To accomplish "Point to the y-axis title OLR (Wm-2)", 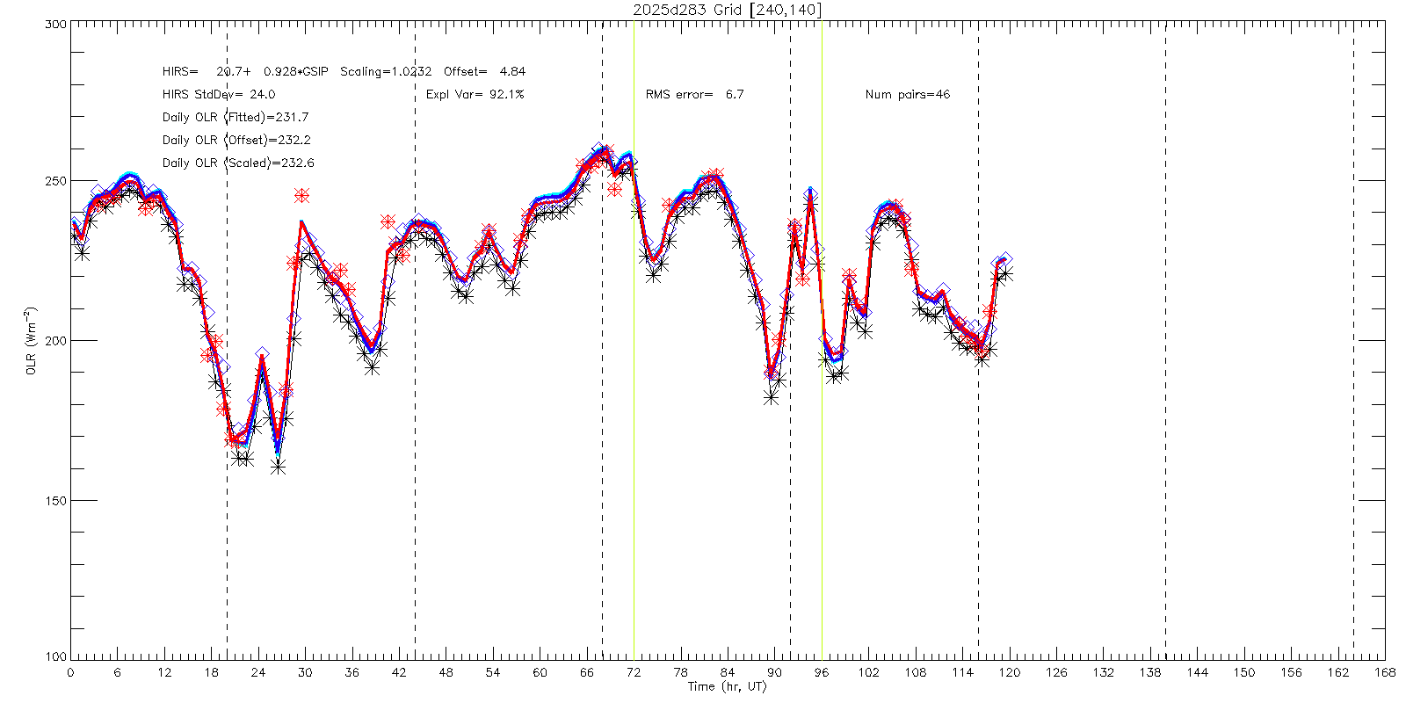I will point(31,341).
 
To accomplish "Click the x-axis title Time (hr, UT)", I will point(727,686).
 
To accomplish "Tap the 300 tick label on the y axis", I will point(55,25).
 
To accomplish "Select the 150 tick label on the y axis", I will point(55,500).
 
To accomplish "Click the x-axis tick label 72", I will point(634,672).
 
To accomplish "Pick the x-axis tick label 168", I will point(1385,672).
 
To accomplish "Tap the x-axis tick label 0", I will point(70,672).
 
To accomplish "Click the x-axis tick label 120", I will point(1009,672).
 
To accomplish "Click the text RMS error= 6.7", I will point(694,94).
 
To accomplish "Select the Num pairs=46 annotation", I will point(907,94).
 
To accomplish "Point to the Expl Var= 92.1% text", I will point(475,94).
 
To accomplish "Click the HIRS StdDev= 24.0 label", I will point(218,94).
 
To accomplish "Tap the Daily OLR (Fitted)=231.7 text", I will point(235,117).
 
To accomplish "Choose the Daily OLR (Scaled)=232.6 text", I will point(237,163).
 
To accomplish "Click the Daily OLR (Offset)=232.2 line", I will point(236,140).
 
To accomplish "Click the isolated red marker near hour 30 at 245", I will point(302,195).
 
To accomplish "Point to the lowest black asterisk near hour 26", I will point(279,467).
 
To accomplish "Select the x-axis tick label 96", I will point(822,672).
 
